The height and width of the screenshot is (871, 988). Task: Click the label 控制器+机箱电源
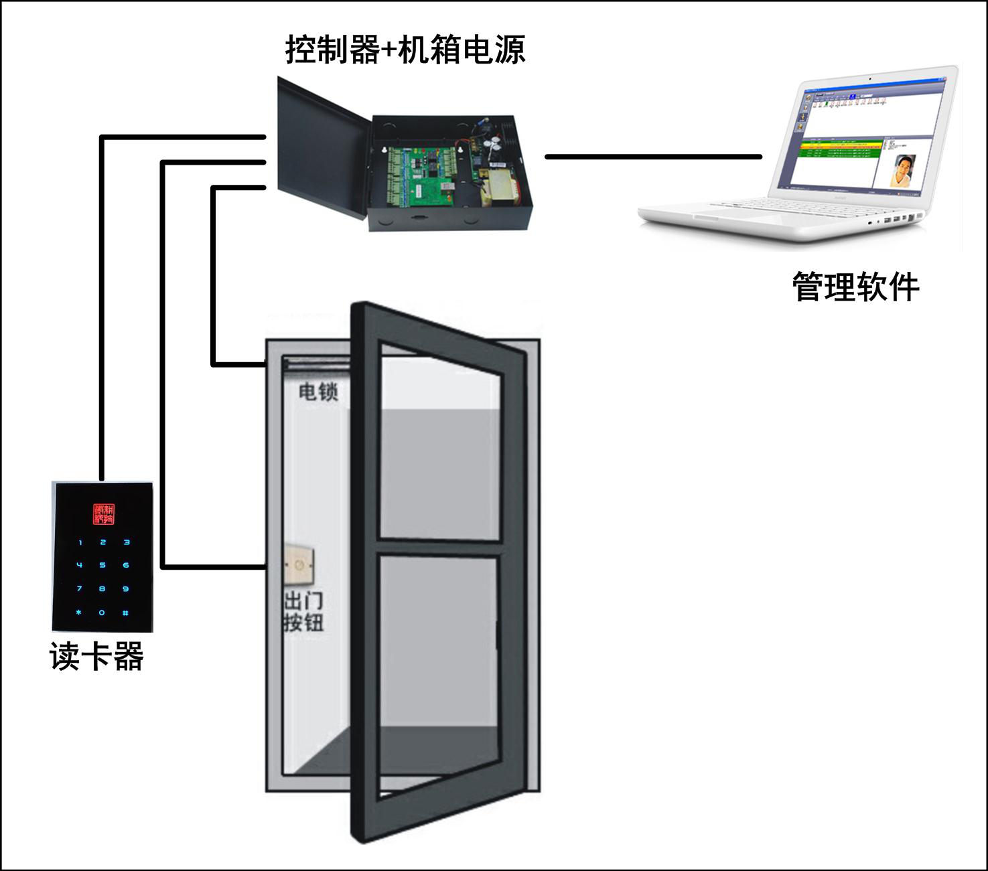(x=405, y=50)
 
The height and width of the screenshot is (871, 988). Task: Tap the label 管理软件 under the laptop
(x=855, y=287)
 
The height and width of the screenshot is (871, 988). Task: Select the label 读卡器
(x=97, y=657)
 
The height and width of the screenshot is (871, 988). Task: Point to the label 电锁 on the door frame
(x=318, y=392)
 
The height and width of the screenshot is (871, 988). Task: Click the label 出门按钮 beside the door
(x=303, y=611)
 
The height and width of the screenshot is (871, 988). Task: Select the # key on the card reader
(x=125, y=613)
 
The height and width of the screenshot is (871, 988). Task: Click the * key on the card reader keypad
(x=80, y=613)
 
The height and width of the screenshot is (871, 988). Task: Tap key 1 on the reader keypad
(x=80, y=542)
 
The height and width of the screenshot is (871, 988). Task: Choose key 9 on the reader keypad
(x=125, y=589)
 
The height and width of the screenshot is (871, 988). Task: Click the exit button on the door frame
(x=299, y=566)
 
